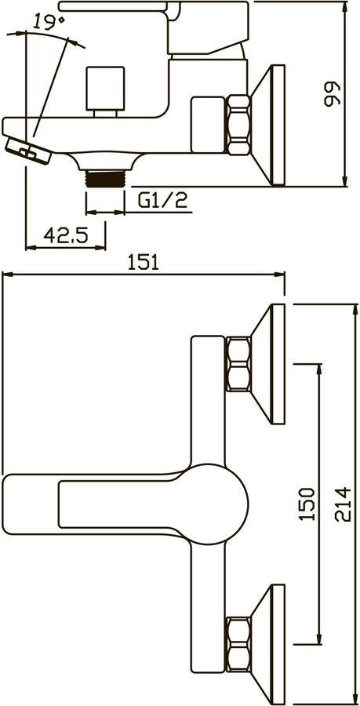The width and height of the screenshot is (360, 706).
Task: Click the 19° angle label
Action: coord(49,21)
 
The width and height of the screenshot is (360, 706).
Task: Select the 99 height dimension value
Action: coord(332,93)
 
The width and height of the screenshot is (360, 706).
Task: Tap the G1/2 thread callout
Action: coord(162,200)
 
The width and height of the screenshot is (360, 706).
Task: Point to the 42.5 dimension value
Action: coord(66,235)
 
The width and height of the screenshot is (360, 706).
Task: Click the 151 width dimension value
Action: coord(143,262)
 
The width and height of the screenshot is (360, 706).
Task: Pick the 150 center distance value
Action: coord(307,504)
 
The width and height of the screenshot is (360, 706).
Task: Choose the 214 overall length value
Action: coord(343,504)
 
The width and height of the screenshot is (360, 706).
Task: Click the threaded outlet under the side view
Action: coord(105,178)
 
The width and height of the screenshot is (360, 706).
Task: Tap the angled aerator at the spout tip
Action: coord(29,151)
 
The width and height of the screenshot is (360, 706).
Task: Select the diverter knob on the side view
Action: coord(105,92)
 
